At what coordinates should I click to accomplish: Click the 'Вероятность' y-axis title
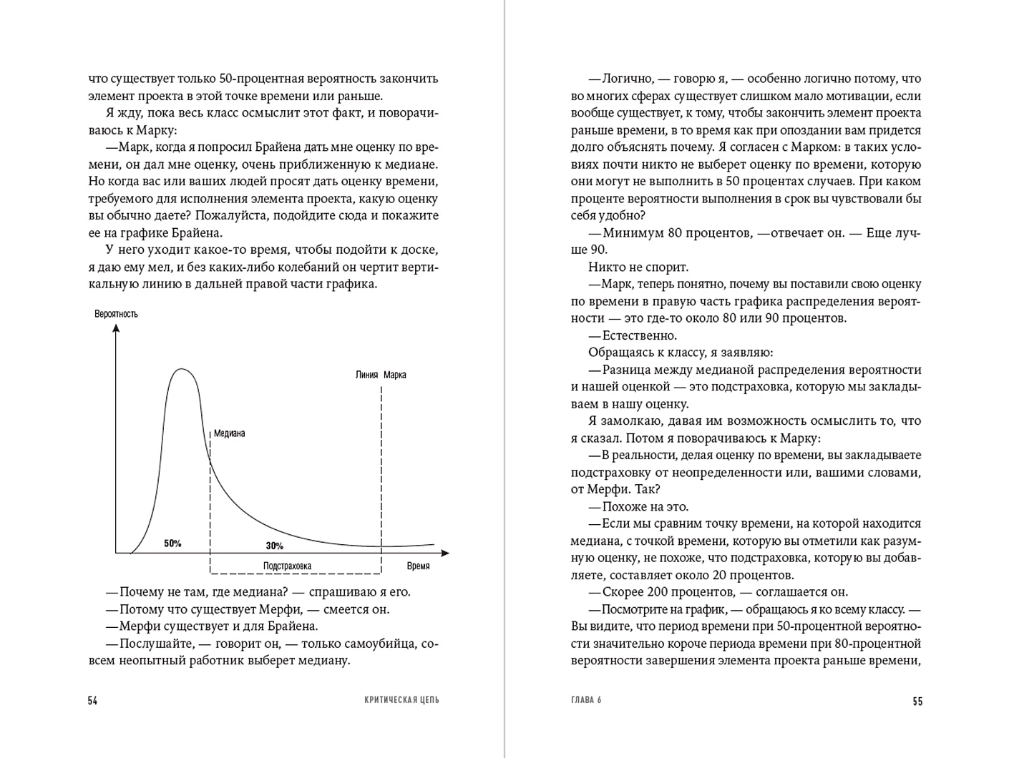click(116, 314)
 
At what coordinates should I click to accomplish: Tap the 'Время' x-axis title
click(418, 566)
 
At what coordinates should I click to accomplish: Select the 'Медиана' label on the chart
click(229, 433)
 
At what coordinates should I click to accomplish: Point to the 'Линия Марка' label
click(381, 375)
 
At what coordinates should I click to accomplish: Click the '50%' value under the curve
click(172, 543)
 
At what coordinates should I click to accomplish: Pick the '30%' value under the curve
click(274, 546)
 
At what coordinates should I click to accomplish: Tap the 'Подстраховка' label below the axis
click(287, 566)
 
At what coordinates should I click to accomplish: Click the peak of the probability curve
click(182, 369)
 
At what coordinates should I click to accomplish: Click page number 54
click(92, 701)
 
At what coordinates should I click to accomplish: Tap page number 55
click(917, 702)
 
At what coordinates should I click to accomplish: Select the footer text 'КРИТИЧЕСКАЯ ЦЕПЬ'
click(397, 700)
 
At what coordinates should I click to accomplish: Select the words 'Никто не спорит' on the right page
click(638, 267)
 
